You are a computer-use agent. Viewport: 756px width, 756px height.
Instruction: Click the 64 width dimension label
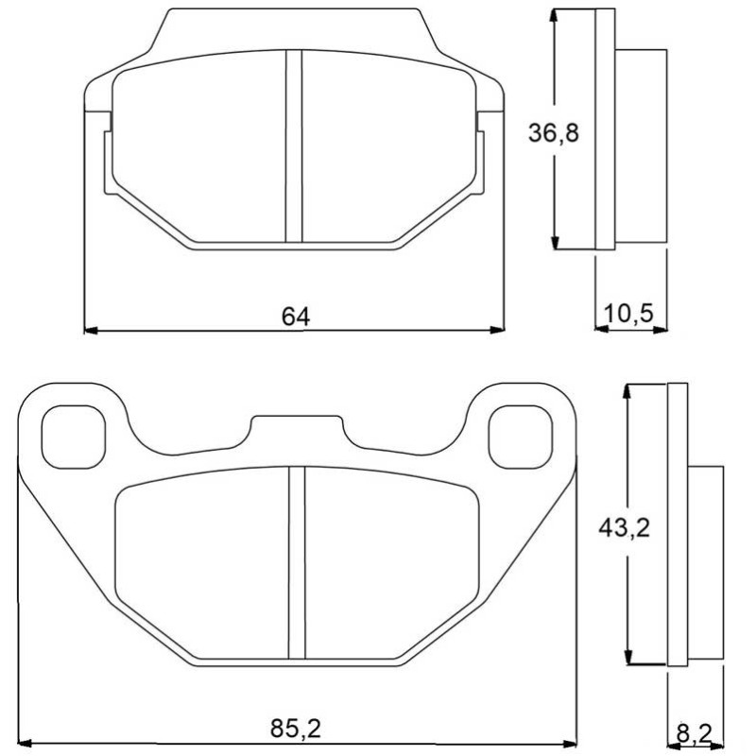click(x=296, y=317)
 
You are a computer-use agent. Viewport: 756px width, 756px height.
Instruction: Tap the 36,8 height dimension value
click(x=553, y=132)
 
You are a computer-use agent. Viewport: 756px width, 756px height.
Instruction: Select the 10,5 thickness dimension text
click(x=628, y=314)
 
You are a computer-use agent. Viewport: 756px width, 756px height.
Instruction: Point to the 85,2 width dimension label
click(x=295, y=728)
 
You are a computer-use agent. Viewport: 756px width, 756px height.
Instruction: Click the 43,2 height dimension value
click(x=624, y=528)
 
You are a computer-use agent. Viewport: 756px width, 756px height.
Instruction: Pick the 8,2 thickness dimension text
click(x=694, y=734)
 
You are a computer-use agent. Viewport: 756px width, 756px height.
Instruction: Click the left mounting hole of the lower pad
click(x=74, y=437)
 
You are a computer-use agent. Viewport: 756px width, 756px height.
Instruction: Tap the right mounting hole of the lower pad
click(x=521, y=437)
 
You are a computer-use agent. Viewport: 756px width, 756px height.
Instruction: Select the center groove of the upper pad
click(x=294, y=146)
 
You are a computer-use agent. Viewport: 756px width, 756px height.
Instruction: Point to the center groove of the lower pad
click(x=297, y=562)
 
